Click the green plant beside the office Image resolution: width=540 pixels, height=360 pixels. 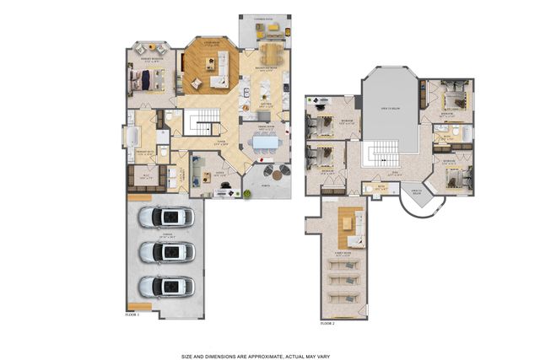click(246, 195)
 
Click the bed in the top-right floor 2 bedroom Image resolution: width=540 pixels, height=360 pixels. click(453, 99)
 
